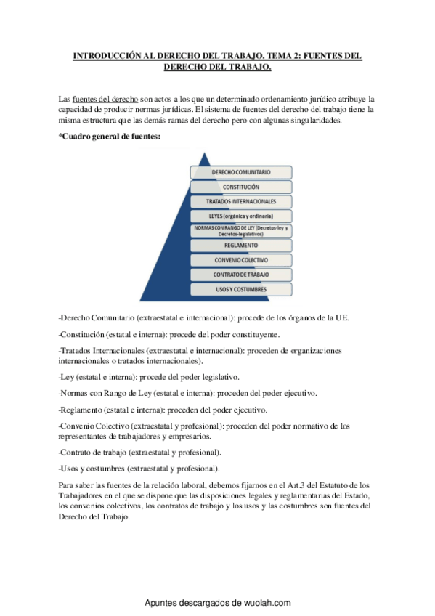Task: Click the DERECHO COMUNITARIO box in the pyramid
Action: pos(241,172)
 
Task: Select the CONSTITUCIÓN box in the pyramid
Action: pos(241,187)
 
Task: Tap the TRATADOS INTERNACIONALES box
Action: pos(241,201)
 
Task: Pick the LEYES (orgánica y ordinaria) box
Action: pos(241,216)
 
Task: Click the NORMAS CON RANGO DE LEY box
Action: pos(241,231)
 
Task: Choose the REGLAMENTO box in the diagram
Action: pos(241,246)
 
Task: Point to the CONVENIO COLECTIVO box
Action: pos(241,260)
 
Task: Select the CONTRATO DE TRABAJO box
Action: pos(241,275)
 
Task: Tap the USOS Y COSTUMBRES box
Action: pos(241,289)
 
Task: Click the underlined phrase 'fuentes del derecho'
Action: pos(103,98)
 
